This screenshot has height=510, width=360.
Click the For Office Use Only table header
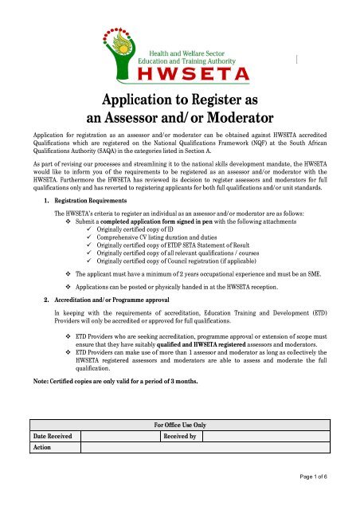pyautogui.click(x=180, y=426)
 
